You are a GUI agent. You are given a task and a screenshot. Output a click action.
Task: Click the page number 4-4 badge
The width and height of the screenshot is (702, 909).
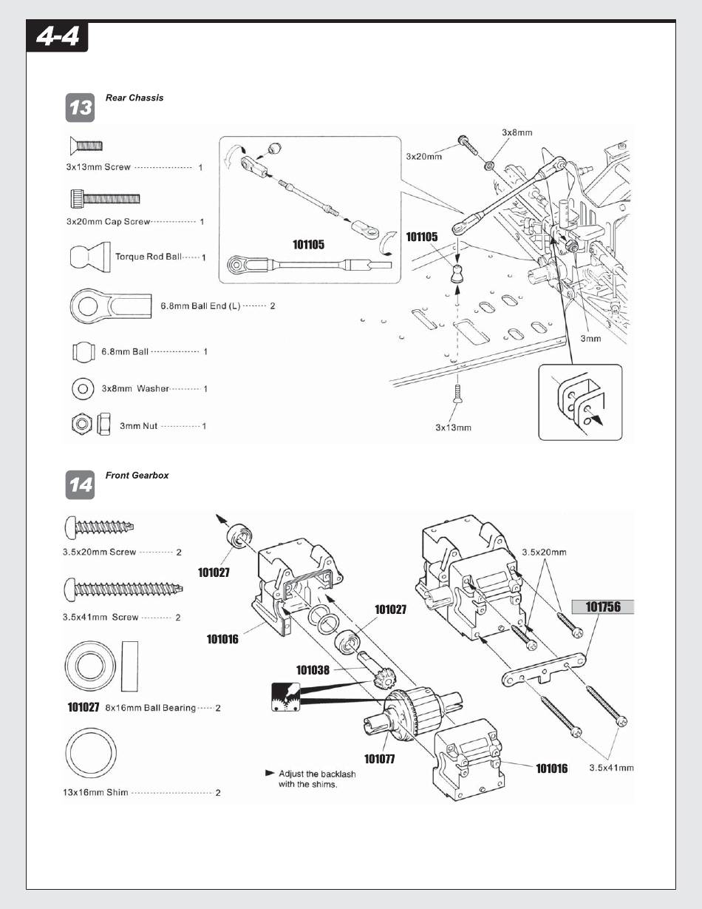point(57,37)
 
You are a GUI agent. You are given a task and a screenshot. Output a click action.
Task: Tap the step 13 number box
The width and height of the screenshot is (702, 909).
point(81,109)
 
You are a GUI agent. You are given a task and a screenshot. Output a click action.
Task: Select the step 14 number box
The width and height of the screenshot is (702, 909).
point(81,485)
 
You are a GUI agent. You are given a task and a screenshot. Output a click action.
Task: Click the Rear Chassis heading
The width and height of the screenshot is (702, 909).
point(134,98)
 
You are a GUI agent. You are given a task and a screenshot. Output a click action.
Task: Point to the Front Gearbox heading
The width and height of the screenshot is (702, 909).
point(137,476)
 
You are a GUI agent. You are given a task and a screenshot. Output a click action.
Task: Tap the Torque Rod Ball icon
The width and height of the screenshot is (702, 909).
point(89,255)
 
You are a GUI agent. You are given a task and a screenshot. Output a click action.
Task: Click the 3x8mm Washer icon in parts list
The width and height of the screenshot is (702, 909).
point(82,388)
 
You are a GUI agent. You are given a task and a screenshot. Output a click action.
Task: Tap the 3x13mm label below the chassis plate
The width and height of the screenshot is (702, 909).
point(453,428)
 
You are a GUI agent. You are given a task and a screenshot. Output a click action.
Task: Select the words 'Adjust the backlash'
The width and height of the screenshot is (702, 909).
point(317,774)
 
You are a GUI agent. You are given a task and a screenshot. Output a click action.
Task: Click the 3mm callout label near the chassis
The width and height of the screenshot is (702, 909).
point(590,339)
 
